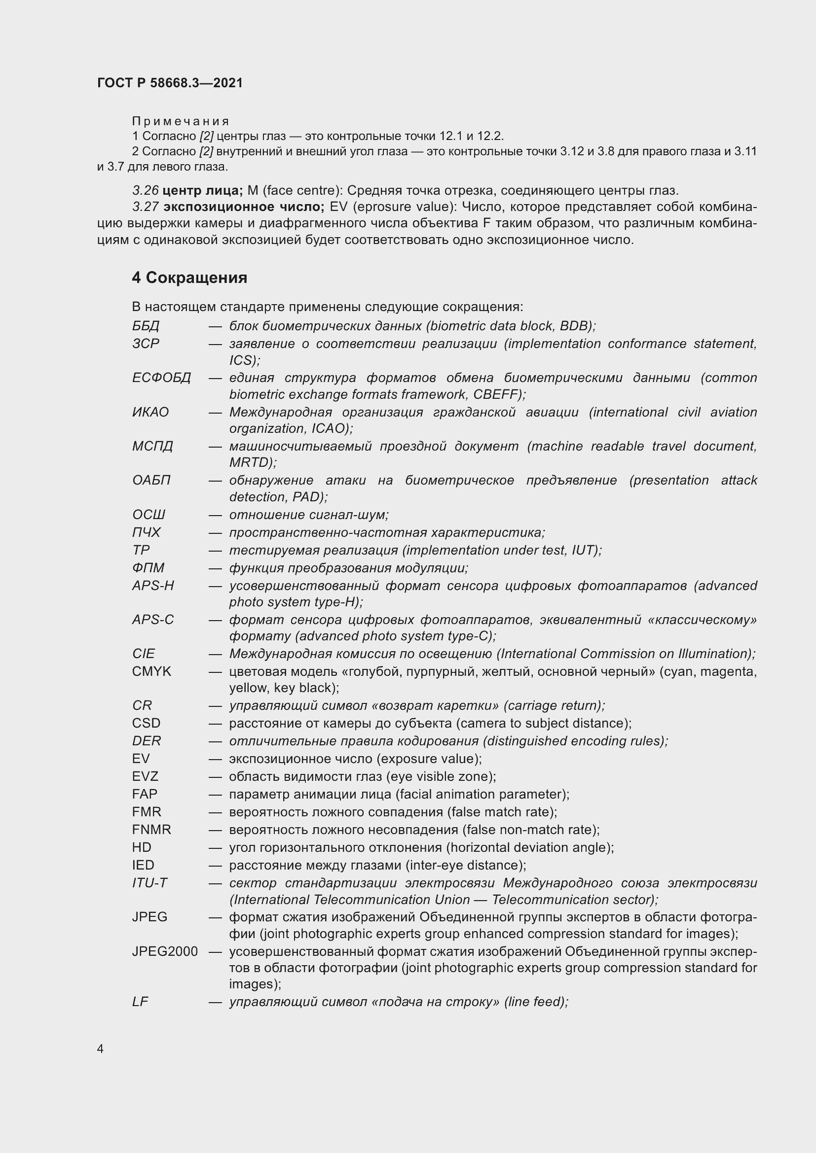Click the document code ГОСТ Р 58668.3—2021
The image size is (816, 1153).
pos(170,83)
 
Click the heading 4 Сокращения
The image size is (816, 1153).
pos(189,278)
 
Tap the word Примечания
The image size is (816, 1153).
pos(181,121)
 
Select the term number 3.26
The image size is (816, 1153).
pos(145,191)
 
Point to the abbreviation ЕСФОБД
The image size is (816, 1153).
pos(161,378)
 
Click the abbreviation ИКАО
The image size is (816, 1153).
pos(150,412)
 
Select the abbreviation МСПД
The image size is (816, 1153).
pos(152,446)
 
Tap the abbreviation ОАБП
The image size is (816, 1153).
pos(151,480)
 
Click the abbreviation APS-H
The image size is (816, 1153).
pos(153,586)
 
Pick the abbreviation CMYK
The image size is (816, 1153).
pos(151,671)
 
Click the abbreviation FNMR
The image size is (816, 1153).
pos(151,830)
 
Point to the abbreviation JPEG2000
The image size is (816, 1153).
pos(165,951)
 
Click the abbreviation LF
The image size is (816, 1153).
pos(140,1002)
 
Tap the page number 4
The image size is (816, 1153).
pos(100,1048)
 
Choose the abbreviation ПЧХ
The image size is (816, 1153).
pos(146,532)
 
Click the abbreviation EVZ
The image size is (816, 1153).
pos(145,776)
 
